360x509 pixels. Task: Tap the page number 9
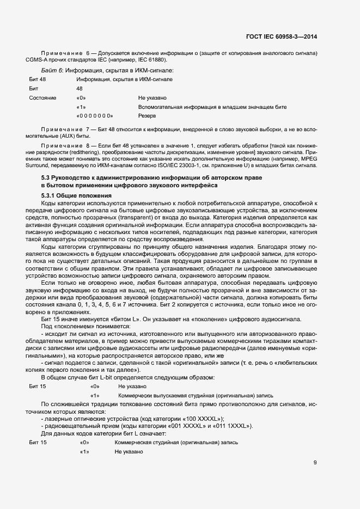[x=315, y=448]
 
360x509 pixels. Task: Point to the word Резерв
[x=147, y=116]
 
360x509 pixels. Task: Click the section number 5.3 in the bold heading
[x=46, y=178]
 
